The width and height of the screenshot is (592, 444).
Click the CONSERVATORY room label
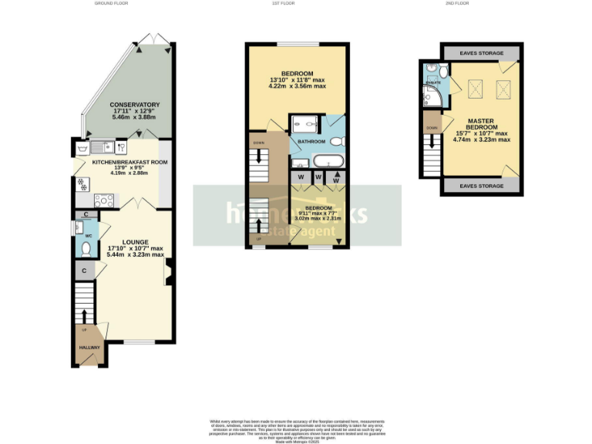(134, 105)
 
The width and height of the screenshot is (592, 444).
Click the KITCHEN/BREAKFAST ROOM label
(129, 163)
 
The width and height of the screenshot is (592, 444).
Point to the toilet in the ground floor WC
(86, 248)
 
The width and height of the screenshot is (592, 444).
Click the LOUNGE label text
(135, 242)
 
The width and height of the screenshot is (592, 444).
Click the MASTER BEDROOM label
(482, 125)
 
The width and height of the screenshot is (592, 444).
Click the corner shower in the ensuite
(430, 96)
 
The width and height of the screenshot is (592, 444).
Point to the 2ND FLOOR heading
(457, 4)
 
